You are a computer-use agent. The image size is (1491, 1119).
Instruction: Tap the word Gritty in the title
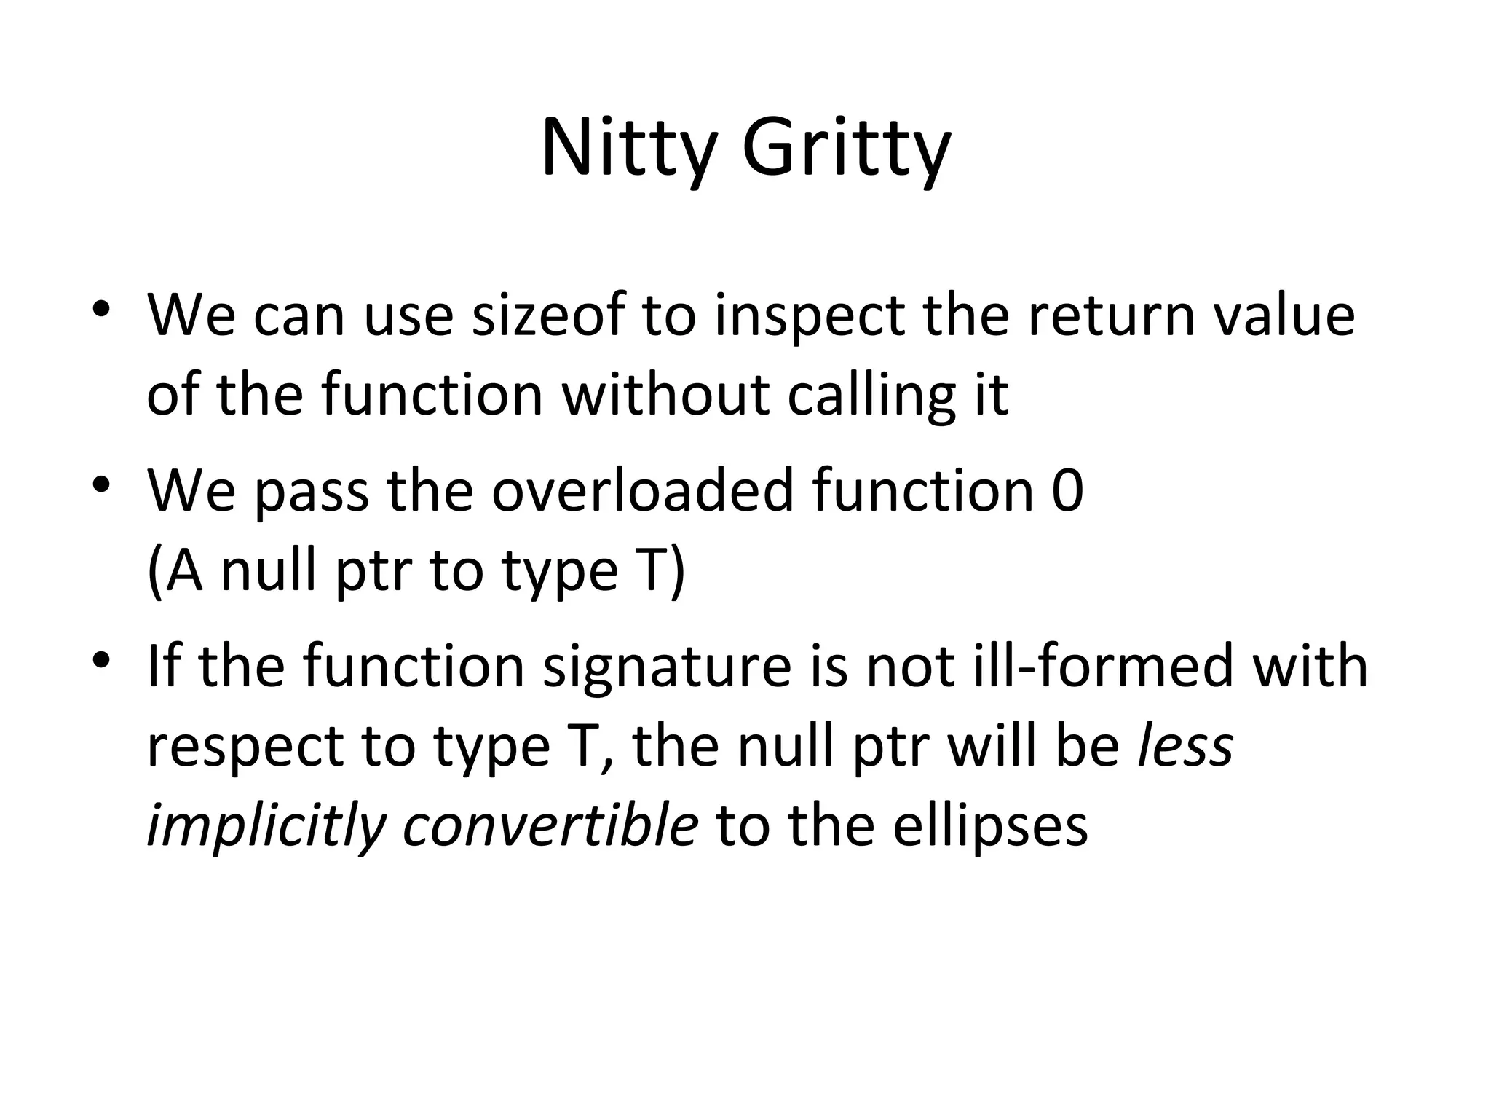click(x=847, y=149)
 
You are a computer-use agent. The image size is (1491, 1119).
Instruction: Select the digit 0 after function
click(x=1068, y=490)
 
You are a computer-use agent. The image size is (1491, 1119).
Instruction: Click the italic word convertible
click(x=550, y=825)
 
